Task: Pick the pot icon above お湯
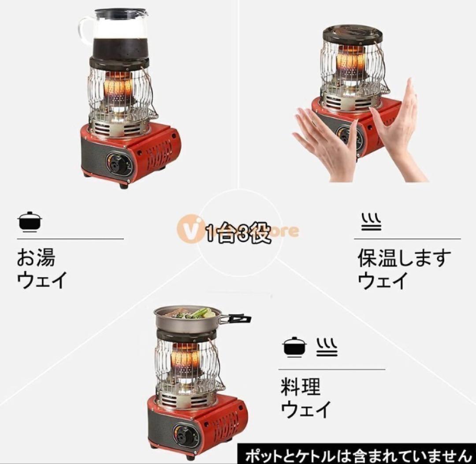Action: point(30,222)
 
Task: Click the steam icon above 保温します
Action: point(371,222)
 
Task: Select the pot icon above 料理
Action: point(294,347)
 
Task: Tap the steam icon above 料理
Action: point(327,347)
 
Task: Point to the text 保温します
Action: point(404,259)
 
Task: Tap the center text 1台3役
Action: point(238,232)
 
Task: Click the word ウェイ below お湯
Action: point(42,280)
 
